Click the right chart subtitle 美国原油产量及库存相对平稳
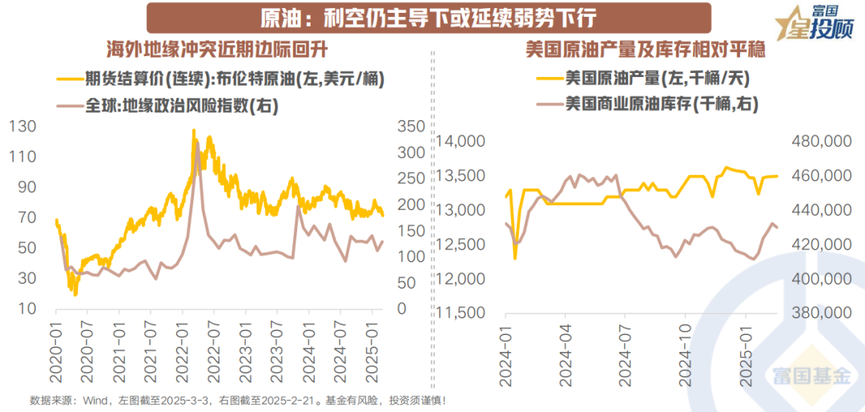click(x=646, y=50)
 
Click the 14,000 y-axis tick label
click(x=463, y=142)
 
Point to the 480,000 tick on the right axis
click(x=821, y=142)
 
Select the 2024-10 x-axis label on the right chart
click(x=687, y=353)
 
